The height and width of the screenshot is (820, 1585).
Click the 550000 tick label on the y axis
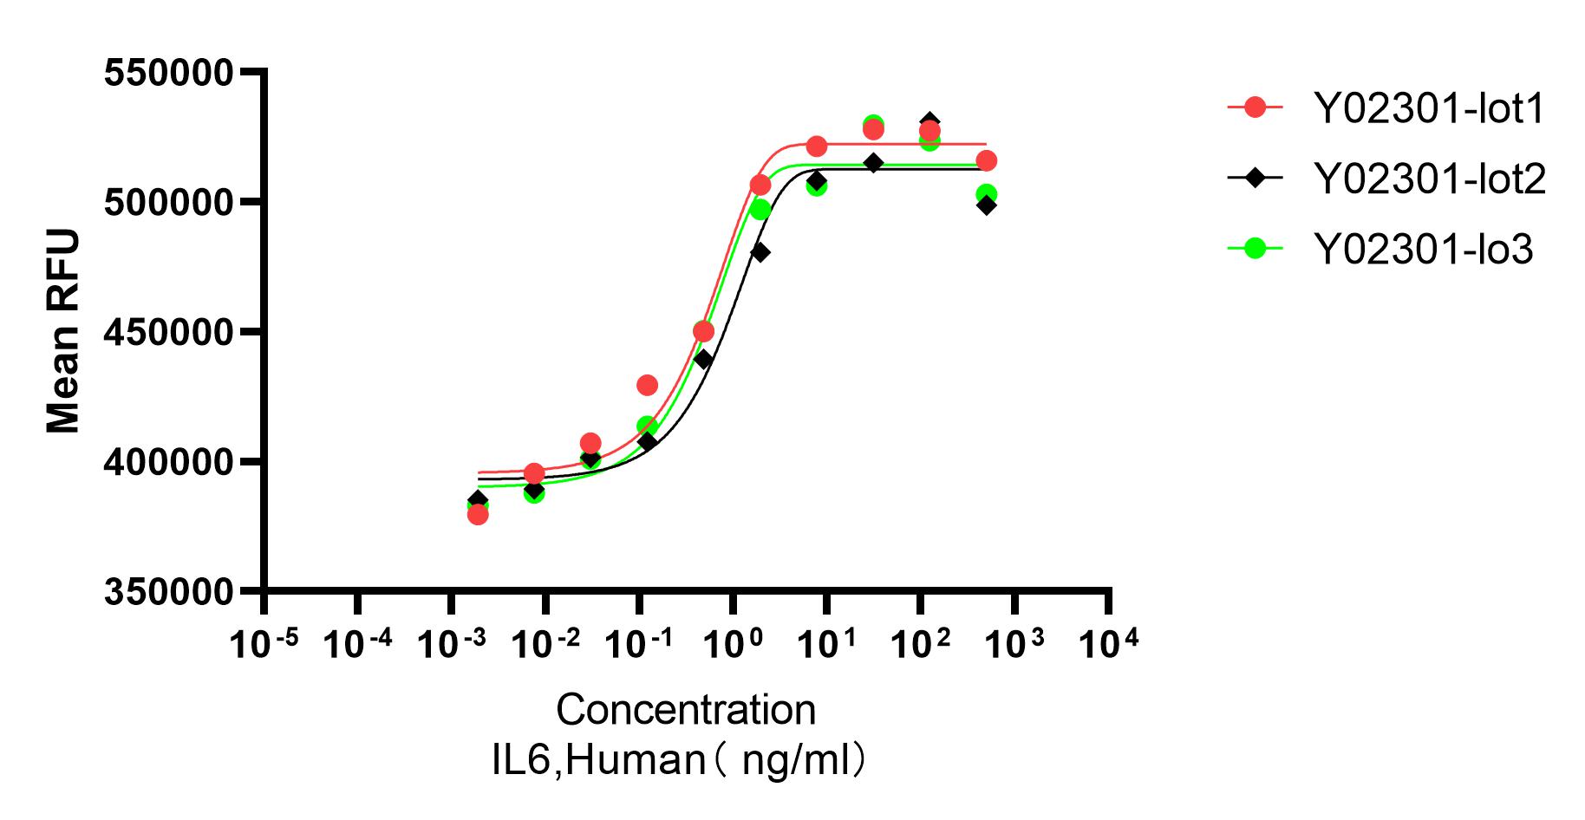[x=168, y=73]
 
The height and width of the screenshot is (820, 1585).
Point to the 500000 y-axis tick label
[x=168, y=203]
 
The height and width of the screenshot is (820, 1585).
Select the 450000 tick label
[x=168, y=333]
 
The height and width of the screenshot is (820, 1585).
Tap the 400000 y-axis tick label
[x=168, y=462]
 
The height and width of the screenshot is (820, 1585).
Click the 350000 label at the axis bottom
[x=168, y=592]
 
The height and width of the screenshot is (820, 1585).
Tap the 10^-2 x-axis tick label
[x=545, y=643]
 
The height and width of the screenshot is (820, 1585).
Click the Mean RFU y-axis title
[x=63, y=331]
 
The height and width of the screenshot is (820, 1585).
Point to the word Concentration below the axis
[x=686, y=710]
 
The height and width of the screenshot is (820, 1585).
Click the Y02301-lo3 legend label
[x=1424, y=249]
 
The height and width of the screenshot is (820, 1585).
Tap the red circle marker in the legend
[x=1255, y=107]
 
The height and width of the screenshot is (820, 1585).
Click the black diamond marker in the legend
[x=1255, y=178]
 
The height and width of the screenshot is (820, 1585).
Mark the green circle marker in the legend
[x=1255, y=248]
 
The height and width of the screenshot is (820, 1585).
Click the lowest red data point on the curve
[x=478, y=515]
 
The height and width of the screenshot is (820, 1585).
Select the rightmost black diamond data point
[x=986, y=205]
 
